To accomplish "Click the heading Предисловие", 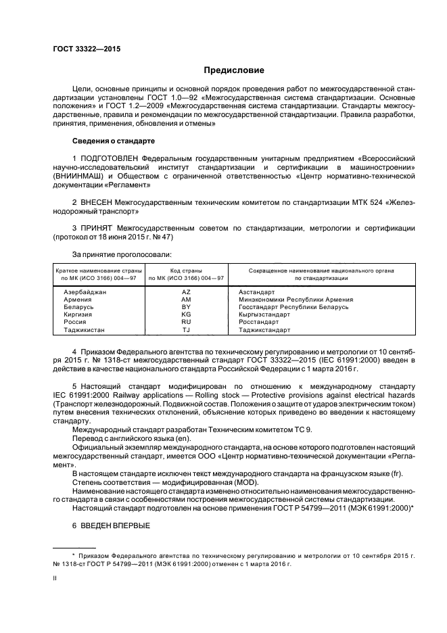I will pos(235,70).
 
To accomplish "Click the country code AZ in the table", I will pos(186,291).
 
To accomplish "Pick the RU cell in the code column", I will pos(186,323).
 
